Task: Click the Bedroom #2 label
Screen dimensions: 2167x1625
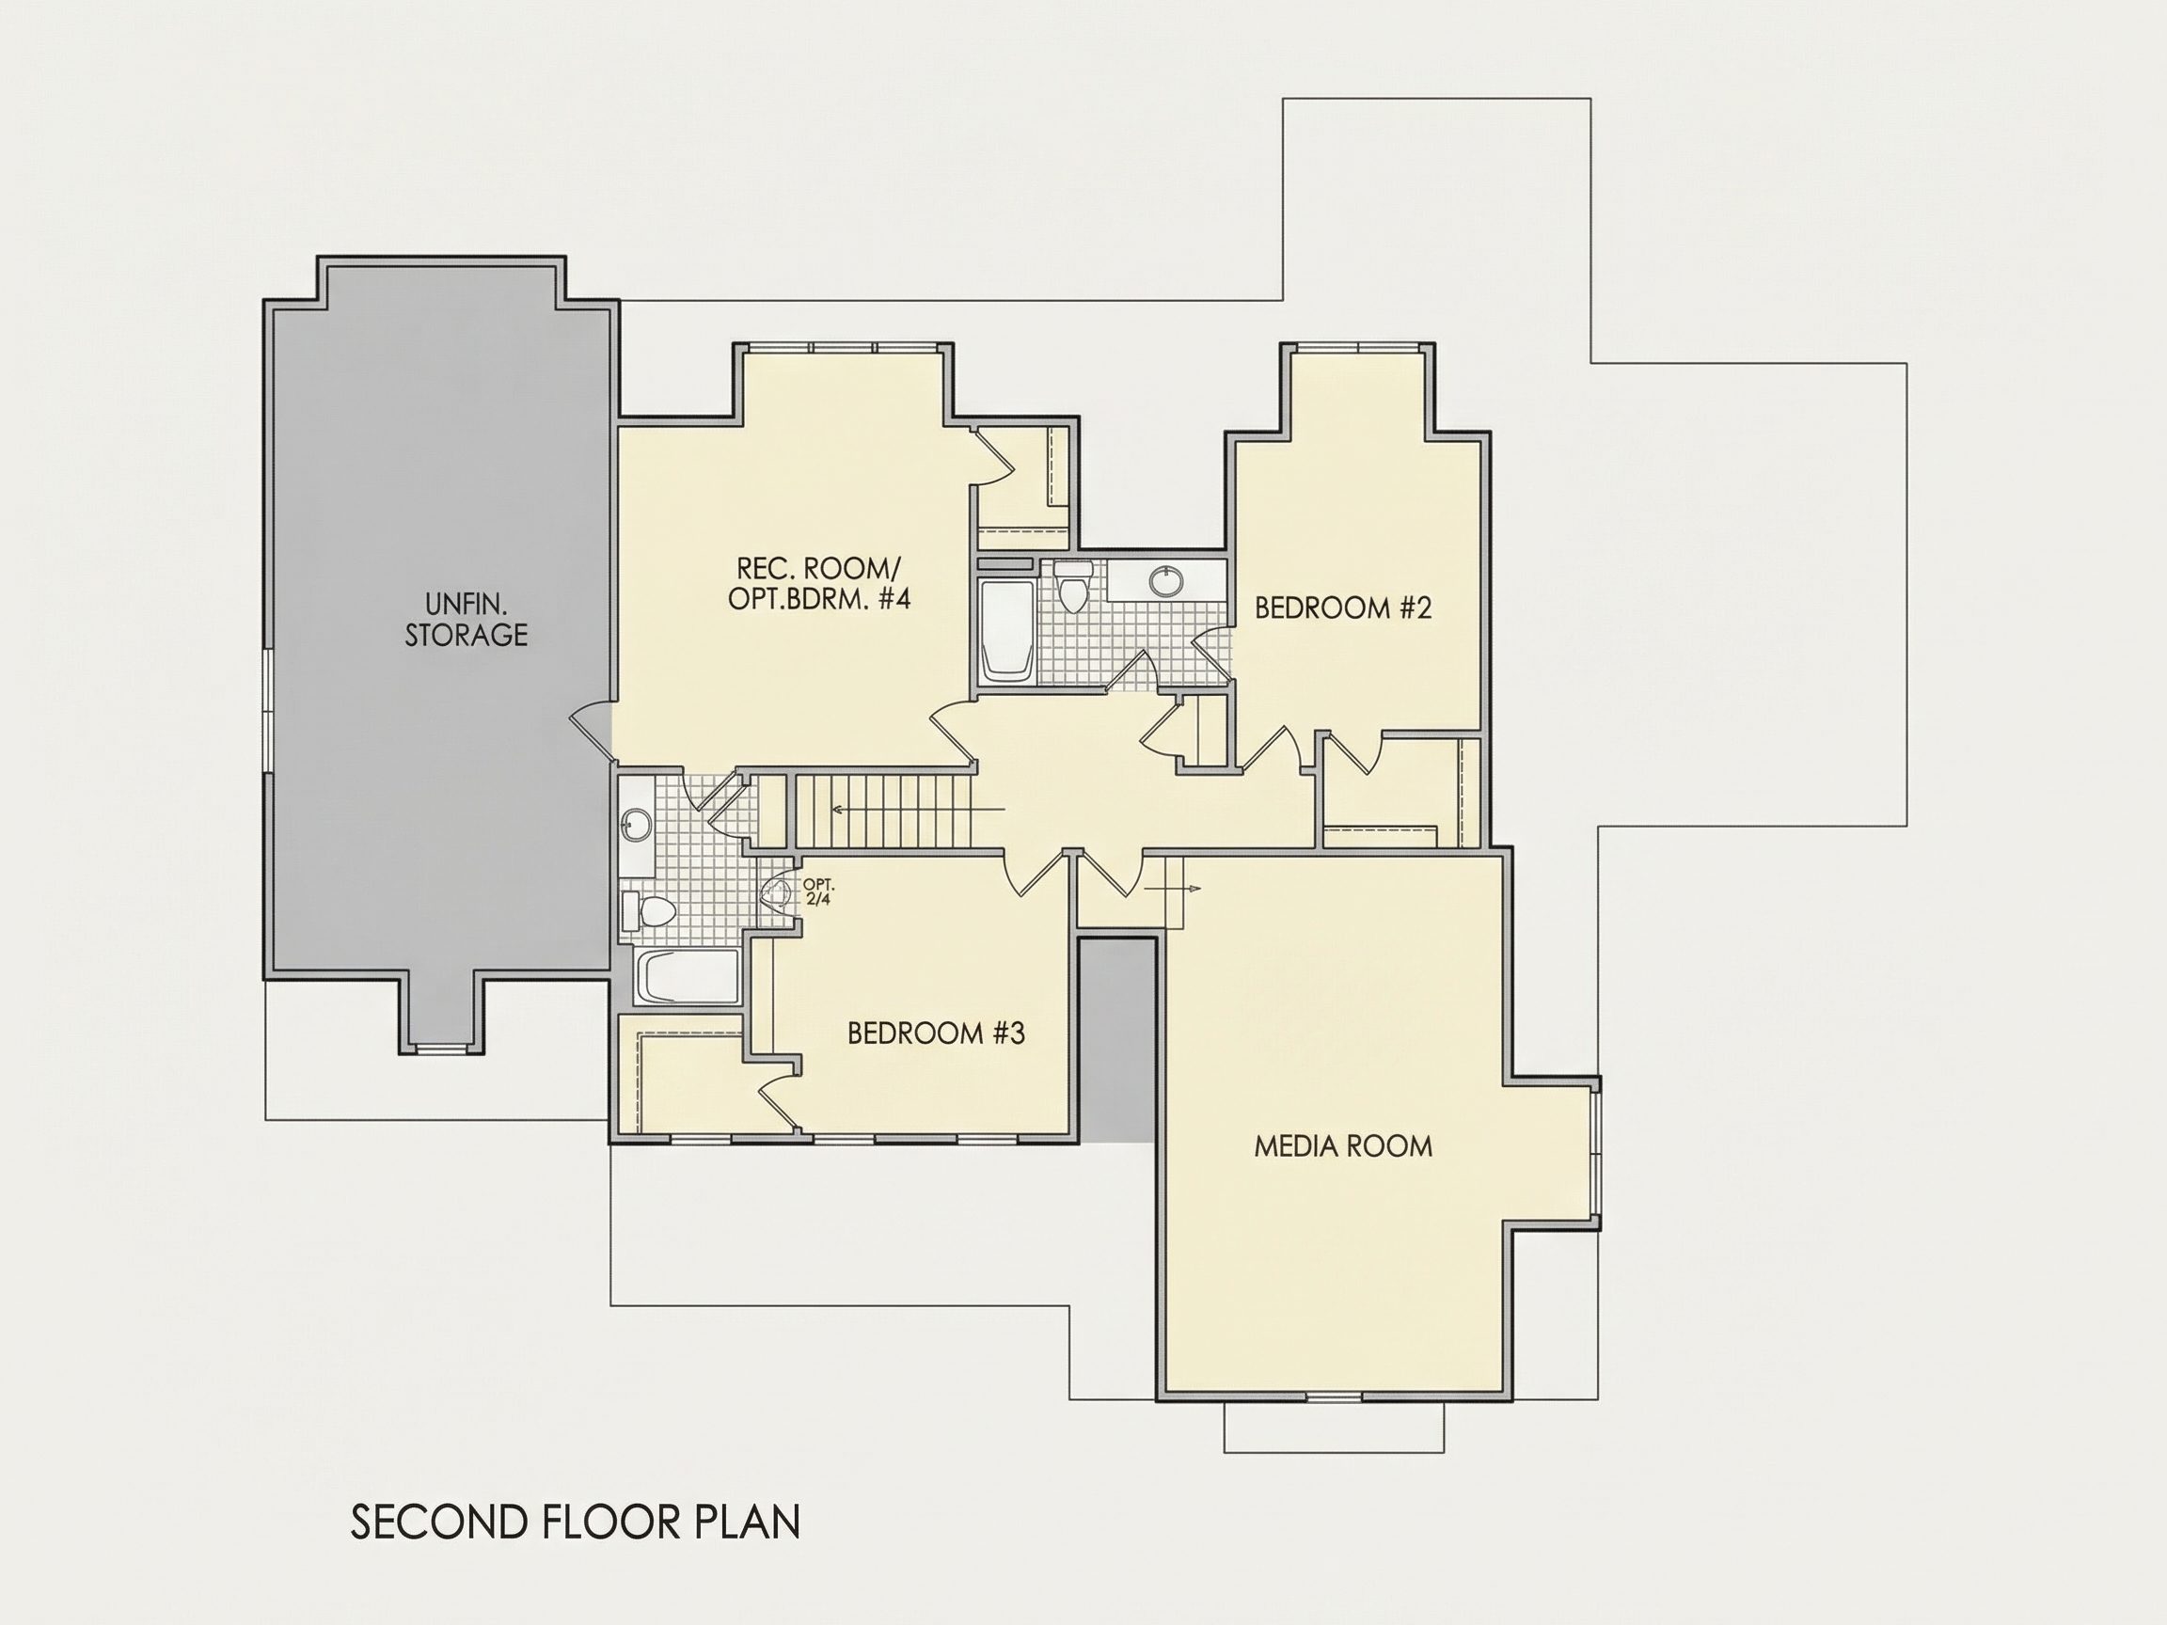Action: tap(1343, 608)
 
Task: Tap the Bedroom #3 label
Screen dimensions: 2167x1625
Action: tap(936, 1033)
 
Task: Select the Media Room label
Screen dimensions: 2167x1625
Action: tap(1343, 1146)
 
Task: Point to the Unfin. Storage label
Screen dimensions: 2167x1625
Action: tap(467, 618)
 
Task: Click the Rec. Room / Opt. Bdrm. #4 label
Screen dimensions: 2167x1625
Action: tap(819, 584)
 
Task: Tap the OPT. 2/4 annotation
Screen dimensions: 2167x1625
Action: tap(818, 891)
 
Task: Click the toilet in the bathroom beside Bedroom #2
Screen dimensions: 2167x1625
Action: tap(1074, 586)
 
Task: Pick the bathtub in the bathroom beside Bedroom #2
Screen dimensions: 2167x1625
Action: tap(1006, 631)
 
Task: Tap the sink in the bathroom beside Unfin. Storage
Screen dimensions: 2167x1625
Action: tap(636, 824)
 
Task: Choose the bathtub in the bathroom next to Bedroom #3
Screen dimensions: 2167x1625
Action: tap(688, 976)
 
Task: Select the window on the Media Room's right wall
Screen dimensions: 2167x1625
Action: tap(1596, 1153)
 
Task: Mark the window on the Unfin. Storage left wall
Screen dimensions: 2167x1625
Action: tap(267, 710)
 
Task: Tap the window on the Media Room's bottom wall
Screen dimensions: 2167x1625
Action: tap(1335, 1396)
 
